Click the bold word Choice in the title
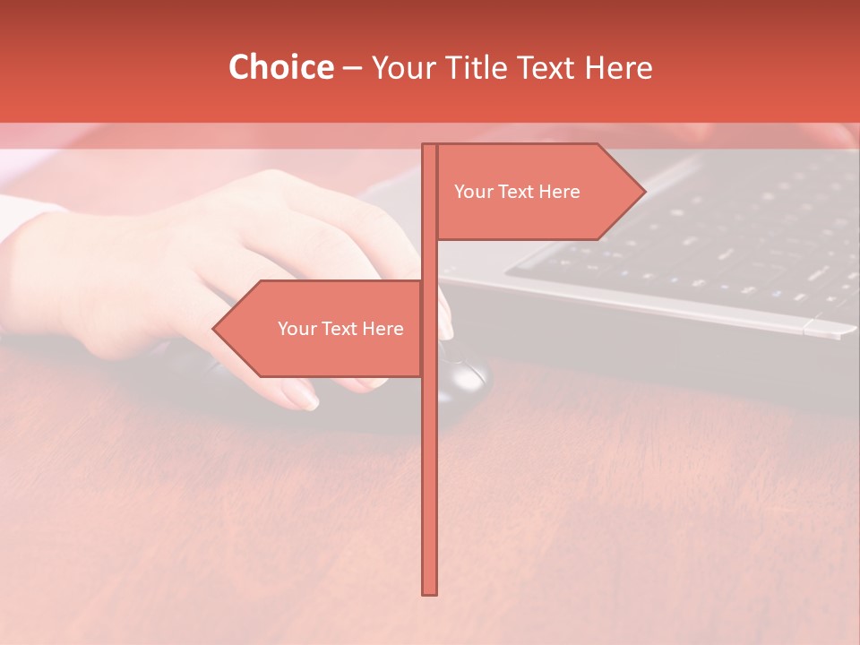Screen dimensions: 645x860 [280, 67]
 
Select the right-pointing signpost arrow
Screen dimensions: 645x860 [537, 192]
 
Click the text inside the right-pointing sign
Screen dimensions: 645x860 [517, 192]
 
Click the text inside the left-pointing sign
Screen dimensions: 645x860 [340, 329]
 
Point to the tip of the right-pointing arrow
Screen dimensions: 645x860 [644, 192]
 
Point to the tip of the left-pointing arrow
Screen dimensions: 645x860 [214, 329]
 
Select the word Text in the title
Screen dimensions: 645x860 [546, 67]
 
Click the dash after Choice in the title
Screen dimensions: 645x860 [352, 68]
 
